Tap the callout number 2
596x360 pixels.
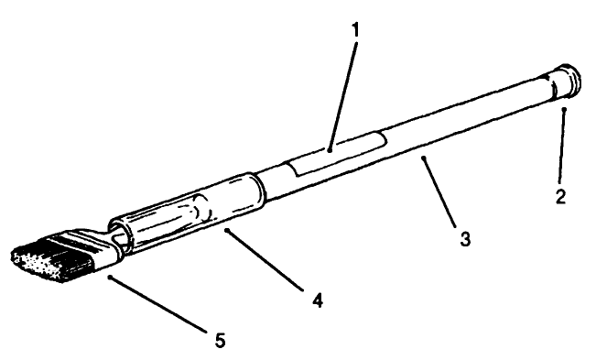pyautogui.click(x=558, y=196)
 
